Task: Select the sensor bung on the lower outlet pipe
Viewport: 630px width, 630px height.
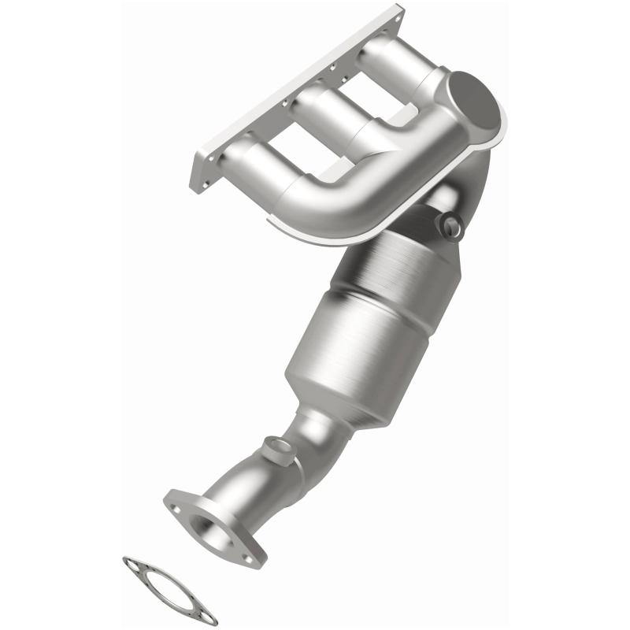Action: click(276, 450)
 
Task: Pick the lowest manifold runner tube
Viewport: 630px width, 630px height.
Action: click(252, 161)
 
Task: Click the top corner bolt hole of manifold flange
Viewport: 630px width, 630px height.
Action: click(394, 13)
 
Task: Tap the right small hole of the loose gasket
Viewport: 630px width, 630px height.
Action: click(212, 617)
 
